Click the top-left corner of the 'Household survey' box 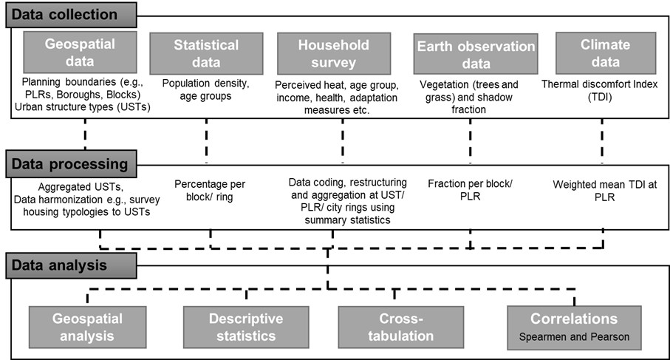(x=277, y=33)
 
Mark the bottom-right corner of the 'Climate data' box (x=656, y=74)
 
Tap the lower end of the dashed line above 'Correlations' (x=574, y=306)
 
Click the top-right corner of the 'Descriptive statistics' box (x=309, y=306)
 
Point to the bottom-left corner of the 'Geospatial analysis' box (x=29, y=348)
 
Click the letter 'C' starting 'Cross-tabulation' (x=385, y=319)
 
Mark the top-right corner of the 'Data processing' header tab (x=137, y=150)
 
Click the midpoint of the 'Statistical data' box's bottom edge (x=206, y=75)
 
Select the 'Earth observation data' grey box (x=476, y=54)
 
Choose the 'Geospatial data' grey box (x=80, y=52)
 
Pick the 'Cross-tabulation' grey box (x=401, y=327)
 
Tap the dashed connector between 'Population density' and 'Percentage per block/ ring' (x=206, y=141)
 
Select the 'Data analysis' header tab (x=72, y=265)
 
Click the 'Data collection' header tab (x=72, y=15)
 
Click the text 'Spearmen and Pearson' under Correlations (x=574, y=337)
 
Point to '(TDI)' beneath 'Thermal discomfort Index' (x=600, y=97)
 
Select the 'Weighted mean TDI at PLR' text (x=604, y=191)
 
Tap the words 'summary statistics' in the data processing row (x=347, y=220)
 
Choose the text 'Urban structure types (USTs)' (x=83, y=107)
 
